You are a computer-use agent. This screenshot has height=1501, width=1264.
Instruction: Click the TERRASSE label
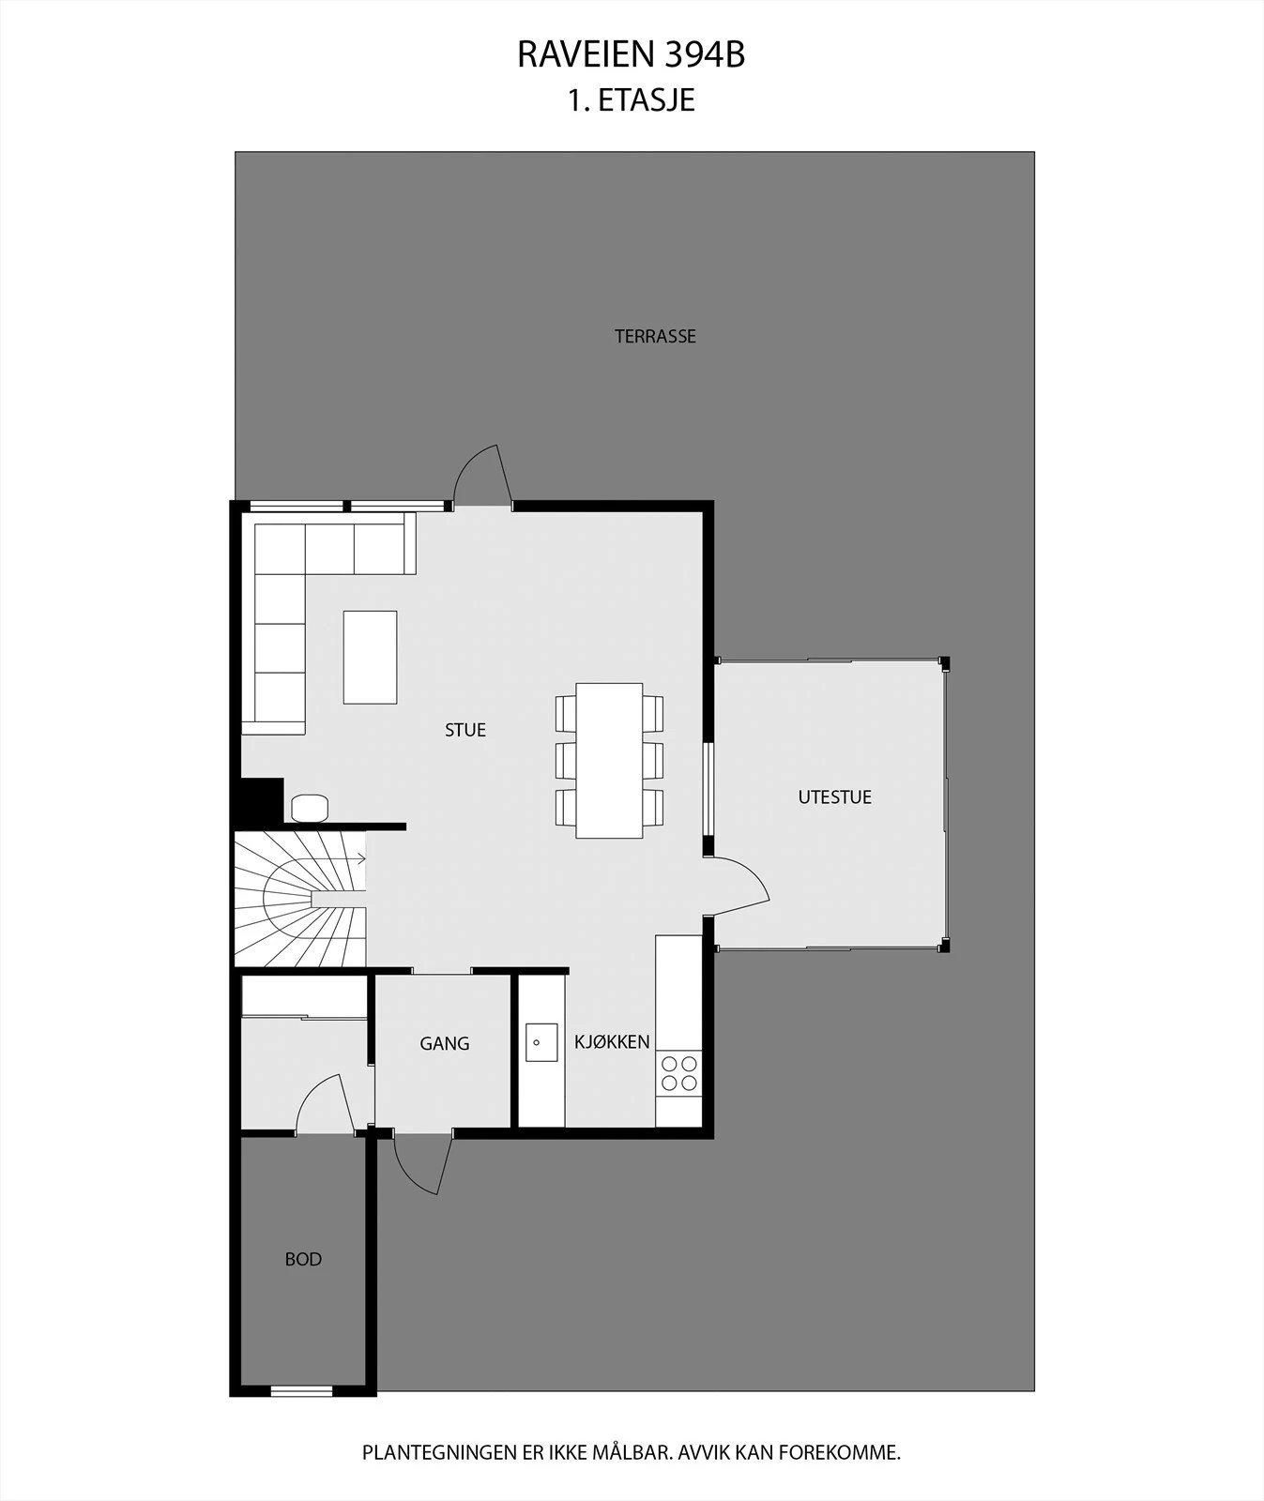[655, 336]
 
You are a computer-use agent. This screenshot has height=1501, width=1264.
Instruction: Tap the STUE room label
[465, 730]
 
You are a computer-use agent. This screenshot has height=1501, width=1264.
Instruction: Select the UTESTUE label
[834, 797]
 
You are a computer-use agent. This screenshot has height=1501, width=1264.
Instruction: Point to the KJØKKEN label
[612, 1041]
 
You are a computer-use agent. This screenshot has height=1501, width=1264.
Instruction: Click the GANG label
[445, 1043]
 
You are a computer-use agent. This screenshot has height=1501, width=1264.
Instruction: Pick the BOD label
[303, 1259]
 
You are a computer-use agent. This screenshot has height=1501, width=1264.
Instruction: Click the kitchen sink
[541, 1042]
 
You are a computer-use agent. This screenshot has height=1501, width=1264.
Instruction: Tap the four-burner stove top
[679, 1073]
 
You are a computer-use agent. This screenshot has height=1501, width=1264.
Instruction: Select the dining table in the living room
[610, 760]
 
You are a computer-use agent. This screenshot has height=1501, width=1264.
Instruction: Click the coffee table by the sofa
[370, 657]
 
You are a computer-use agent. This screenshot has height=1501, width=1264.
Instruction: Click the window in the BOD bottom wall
[302, 1390]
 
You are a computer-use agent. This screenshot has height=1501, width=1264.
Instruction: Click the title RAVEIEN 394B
[631, 55]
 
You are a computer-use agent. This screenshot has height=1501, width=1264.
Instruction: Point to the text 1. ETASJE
[631, 100]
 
